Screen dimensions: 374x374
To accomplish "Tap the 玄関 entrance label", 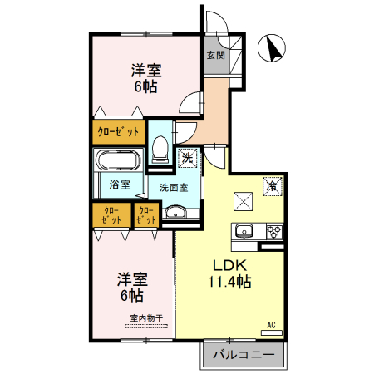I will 214,57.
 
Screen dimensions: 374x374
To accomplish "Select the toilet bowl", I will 160,149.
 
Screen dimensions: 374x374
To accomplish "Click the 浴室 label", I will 119,184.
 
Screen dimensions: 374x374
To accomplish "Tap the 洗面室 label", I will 174,187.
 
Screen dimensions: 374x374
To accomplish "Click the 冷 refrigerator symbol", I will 270,187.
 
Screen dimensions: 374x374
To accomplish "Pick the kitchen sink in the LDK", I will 244,231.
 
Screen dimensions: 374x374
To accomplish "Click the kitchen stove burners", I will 273,231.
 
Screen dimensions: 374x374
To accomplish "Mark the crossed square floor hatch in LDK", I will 243,200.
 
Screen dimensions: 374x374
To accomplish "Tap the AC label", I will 271,323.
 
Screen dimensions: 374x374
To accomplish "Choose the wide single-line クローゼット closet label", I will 118,131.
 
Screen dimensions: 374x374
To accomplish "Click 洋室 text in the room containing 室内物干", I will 132,278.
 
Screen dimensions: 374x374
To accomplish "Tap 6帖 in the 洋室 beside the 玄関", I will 145,85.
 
